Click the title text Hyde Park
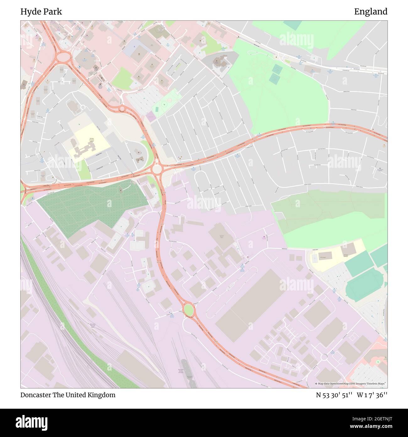(x=41, y=12)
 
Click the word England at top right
(x=371, y=12)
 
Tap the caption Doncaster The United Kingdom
(x=68, y=395)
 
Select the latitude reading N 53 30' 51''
(x=335, y=395)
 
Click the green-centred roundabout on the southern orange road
(x=188, y=310)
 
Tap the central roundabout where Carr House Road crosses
(x=156, y=169)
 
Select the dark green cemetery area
(x=91, y=207)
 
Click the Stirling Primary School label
(x=91, y=140)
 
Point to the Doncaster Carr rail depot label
(x=93, y=326)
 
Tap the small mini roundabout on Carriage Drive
(x=324, y=357)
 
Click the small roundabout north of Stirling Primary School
(x=122, y=109)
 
